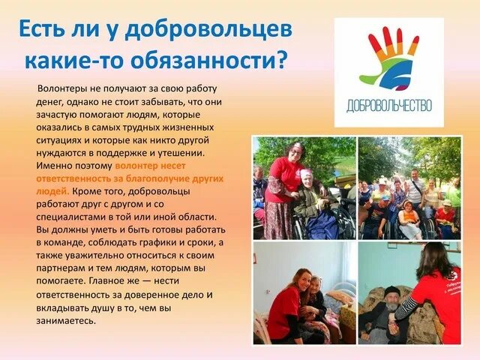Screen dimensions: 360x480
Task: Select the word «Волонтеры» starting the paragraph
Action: point(64,88)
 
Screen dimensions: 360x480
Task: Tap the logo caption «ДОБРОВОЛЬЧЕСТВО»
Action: point(389,106)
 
